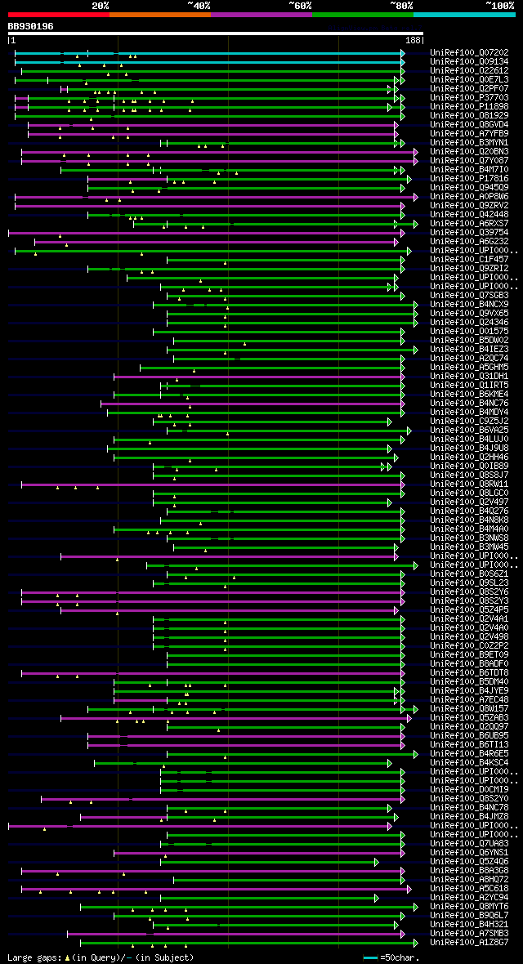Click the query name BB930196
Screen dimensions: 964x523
(x=31, y=26)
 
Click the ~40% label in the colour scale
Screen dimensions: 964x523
(x=199, y=6)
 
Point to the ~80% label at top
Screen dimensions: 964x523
(x=401, y=6)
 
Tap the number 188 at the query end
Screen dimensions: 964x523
(x=413, y=39)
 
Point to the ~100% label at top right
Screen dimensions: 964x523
(x=499, y=6)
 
